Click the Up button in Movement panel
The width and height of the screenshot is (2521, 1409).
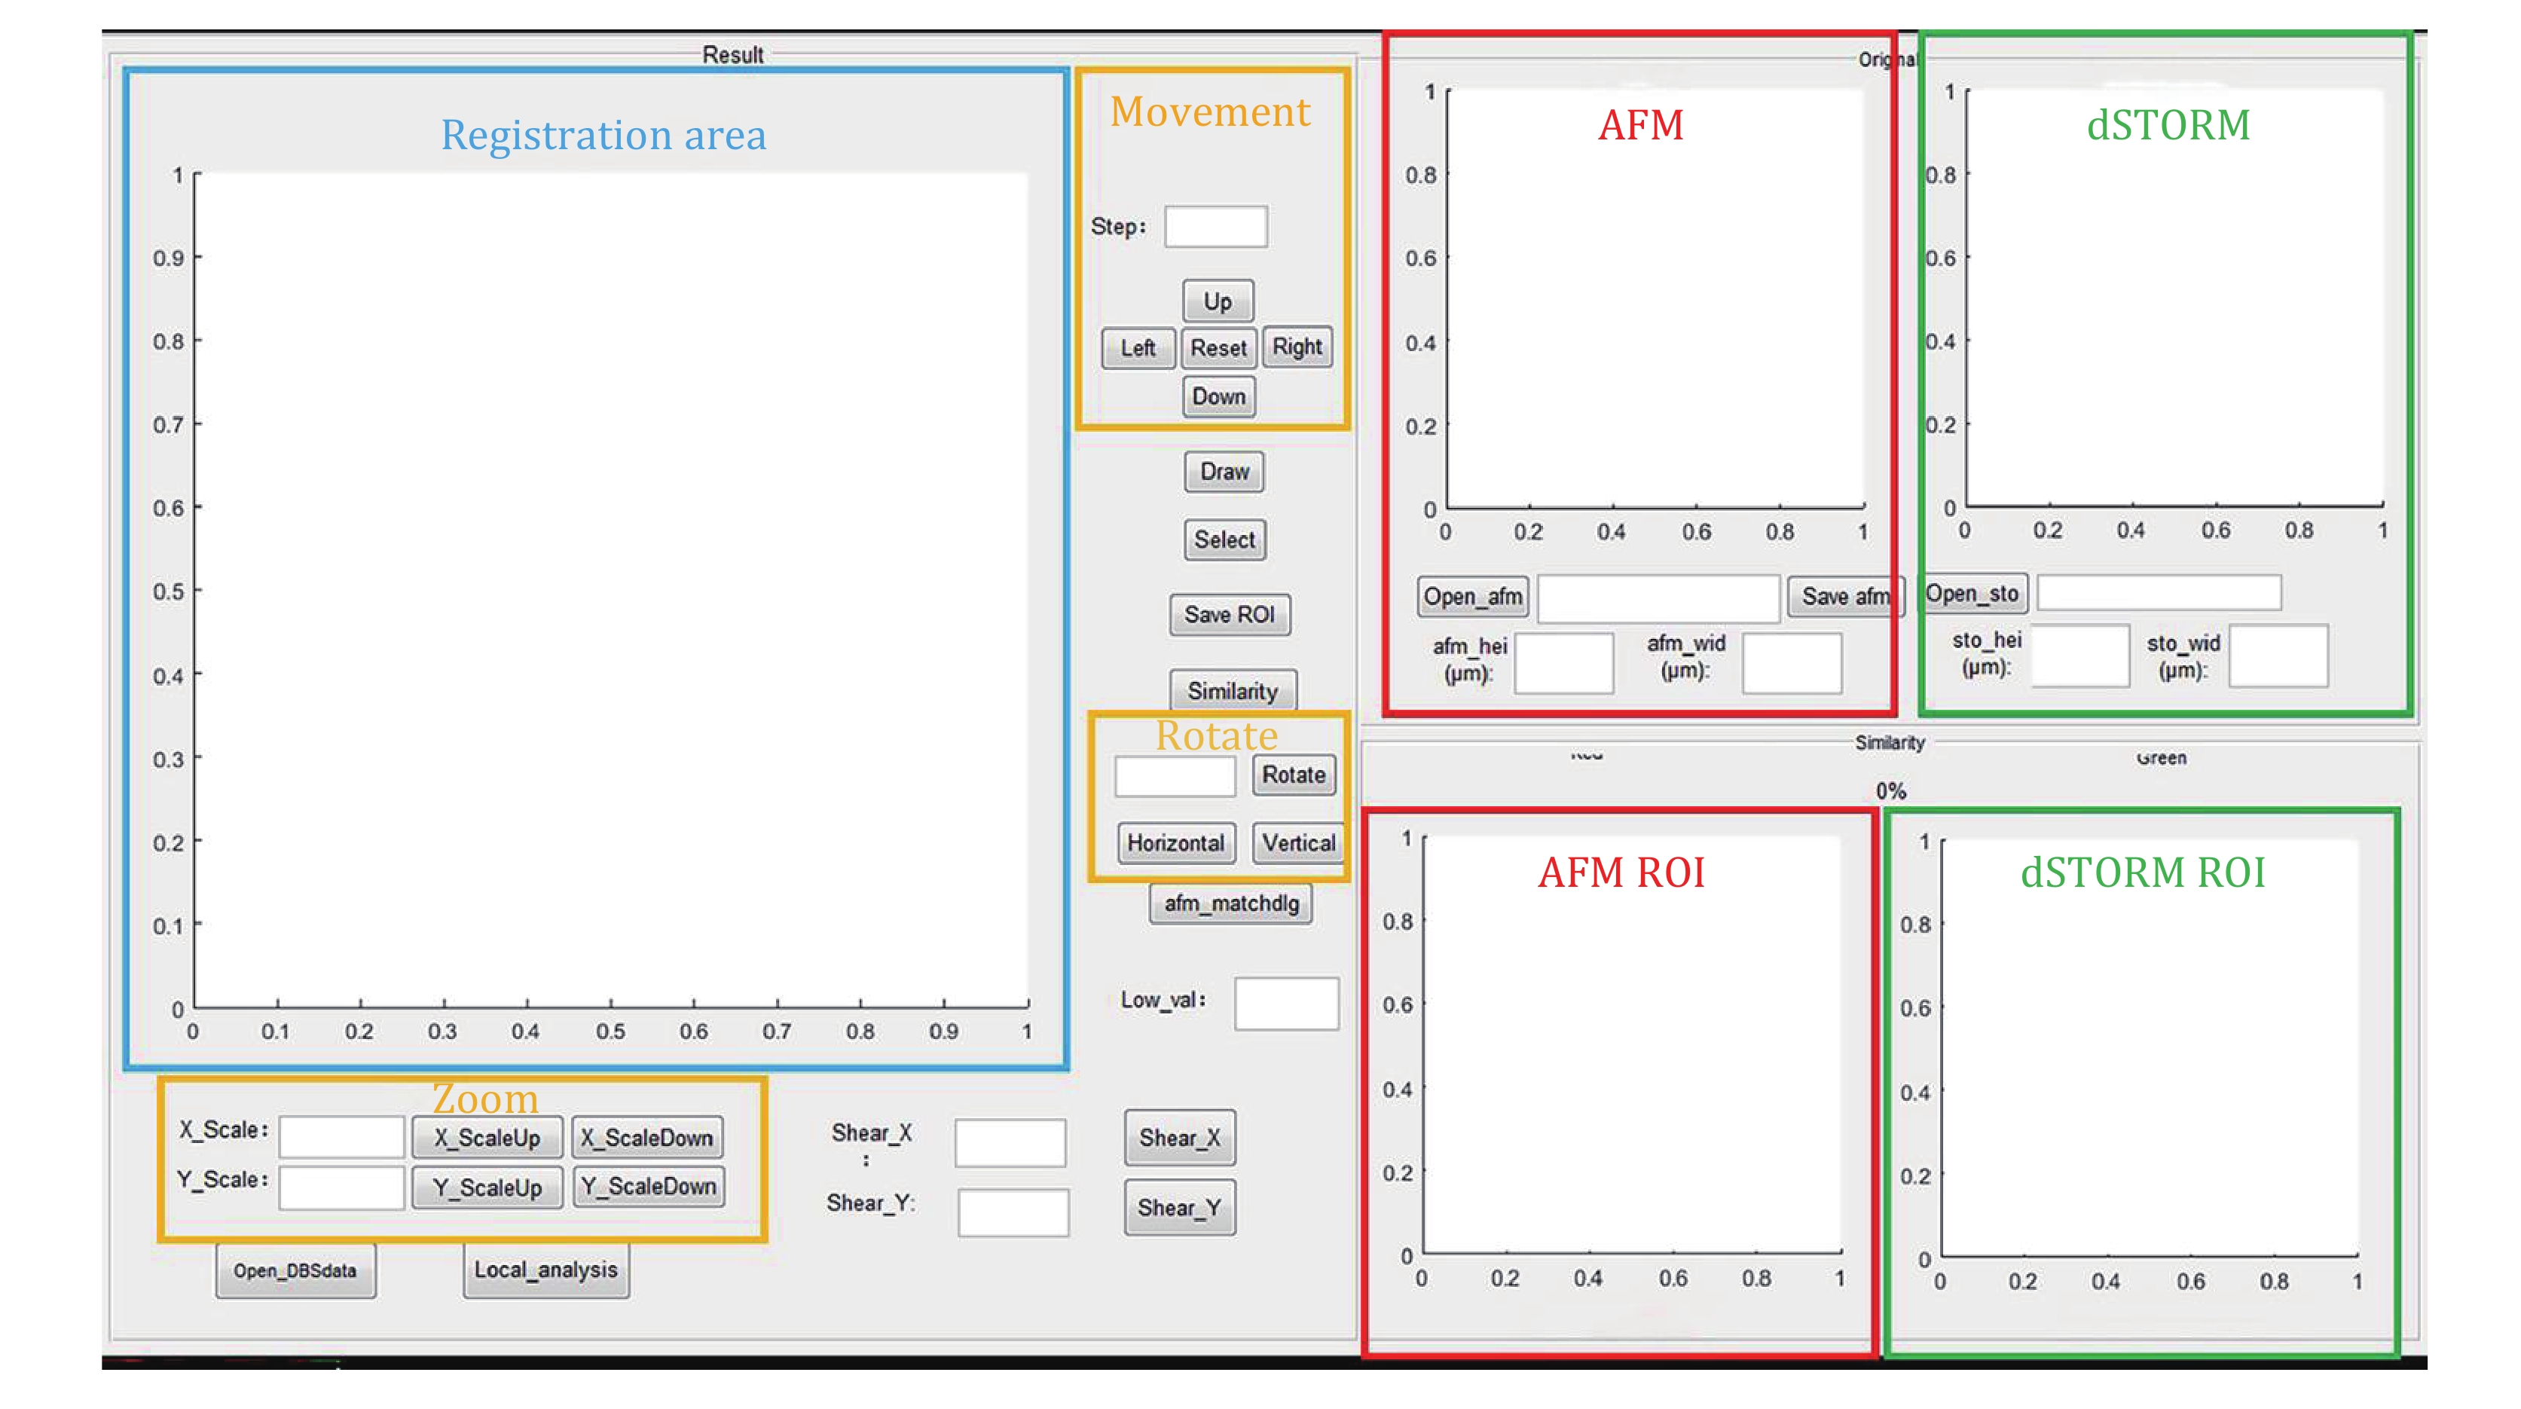pos(1218,301)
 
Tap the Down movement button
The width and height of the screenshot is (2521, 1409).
pos(1218,396)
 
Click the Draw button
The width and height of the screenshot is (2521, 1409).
pos(1224,472)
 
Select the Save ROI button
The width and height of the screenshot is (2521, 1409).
pos(1229,615)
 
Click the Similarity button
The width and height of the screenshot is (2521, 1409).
pos(1232,691)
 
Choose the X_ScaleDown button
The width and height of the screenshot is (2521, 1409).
pos(648,1138)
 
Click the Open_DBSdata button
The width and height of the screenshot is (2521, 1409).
pos(295,1270)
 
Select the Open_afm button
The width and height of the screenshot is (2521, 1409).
pos(1473,597)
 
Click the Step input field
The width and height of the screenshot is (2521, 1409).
pos(1215,227)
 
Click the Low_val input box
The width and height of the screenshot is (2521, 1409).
pos(1286,1003)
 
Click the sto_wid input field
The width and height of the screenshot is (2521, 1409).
pos(2278,656)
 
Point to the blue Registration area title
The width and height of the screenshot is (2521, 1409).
pos(603,135)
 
